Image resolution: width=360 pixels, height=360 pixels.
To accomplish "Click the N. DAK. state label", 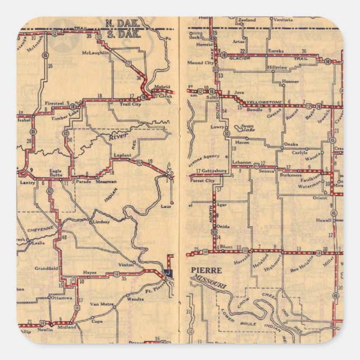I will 117,23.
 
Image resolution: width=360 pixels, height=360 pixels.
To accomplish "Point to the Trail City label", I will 130,104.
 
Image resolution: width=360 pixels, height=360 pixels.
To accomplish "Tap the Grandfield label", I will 46,269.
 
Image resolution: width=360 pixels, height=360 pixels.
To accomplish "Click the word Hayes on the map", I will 90,273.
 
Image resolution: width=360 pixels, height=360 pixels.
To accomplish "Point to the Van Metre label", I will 103,304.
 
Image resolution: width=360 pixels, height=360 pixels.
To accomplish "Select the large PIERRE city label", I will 206,270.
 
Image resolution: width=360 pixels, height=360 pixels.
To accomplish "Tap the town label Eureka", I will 277,50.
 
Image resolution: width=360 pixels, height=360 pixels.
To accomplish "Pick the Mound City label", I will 201,63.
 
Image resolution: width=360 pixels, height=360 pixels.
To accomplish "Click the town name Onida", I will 223,226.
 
